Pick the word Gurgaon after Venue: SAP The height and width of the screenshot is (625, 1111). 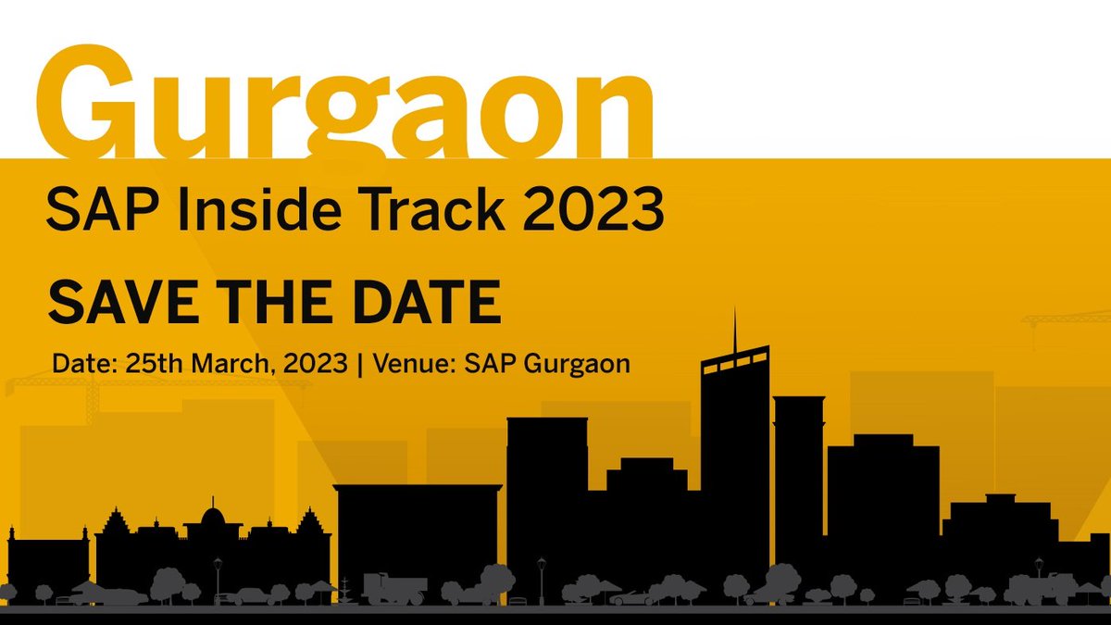[576, 363]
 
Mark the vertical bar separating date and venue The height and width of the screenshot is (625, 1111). [358, 363]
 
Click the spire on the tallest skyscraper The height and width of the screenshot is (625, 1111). [735, 329]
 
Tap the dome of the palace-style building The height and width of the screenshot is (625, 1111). [212, 512]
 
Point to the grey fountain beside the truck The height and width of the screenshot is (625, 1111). [346, 589]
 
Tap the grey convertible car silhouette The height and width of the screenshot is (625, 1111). [635, 597]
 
